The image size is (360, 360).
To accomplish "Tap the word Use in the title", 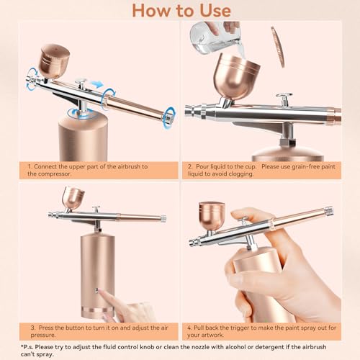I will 212,10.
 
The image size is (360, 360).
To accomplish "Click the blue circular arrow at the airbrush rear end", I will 168,115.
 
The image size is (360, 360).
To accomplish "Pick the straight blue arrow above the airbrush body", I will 96,84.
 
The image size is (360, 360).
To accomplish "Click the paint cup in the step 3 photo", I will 73,197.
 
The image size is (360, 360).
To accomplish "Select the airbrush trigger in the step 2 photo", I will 285,99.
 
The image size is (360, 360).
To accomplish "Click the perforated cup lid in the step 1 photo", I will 55,52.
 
